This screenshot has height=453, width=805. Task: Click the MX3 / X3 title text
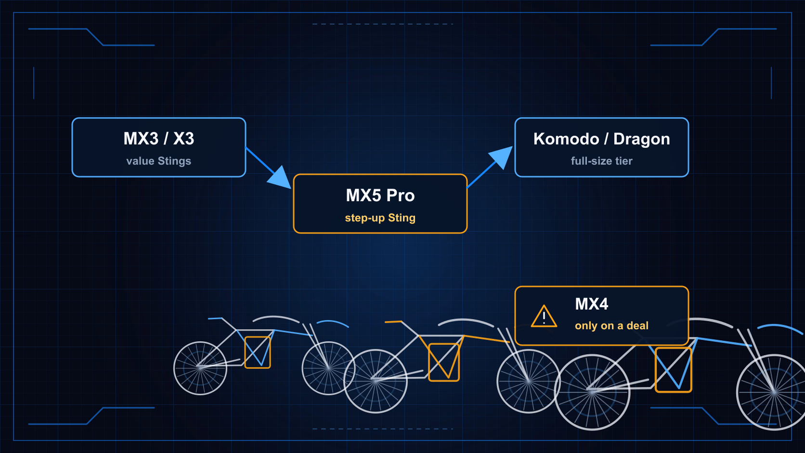(159, 138)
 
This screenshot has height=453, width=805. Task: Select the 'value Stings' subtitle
(159, 161)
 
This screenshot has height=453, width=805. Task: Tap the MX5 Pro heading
(380, 195)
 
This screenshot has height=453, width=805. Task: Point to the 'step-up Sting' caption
(380, 218)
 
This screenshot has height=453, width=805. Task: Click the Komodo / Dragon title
(602, 139)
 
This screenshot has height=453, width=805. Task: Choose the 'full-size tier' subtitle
(602, 161)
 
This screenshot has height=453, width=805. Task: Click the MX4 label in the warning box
(592, 304)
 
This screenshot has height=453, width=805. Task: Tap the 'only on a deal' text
(611, 325)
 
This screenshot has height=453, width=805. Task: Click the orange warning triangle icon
(544, 316)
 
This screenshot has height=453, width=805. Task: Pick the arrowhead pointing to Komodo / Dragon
(501, 156)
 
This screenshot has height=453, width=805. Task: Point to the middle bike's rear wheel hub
(375, 381)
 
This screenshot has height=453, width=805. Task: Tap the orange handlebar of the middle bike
(393, 322)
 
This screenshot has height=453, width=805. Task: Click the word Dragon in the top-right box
(641, 140)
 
